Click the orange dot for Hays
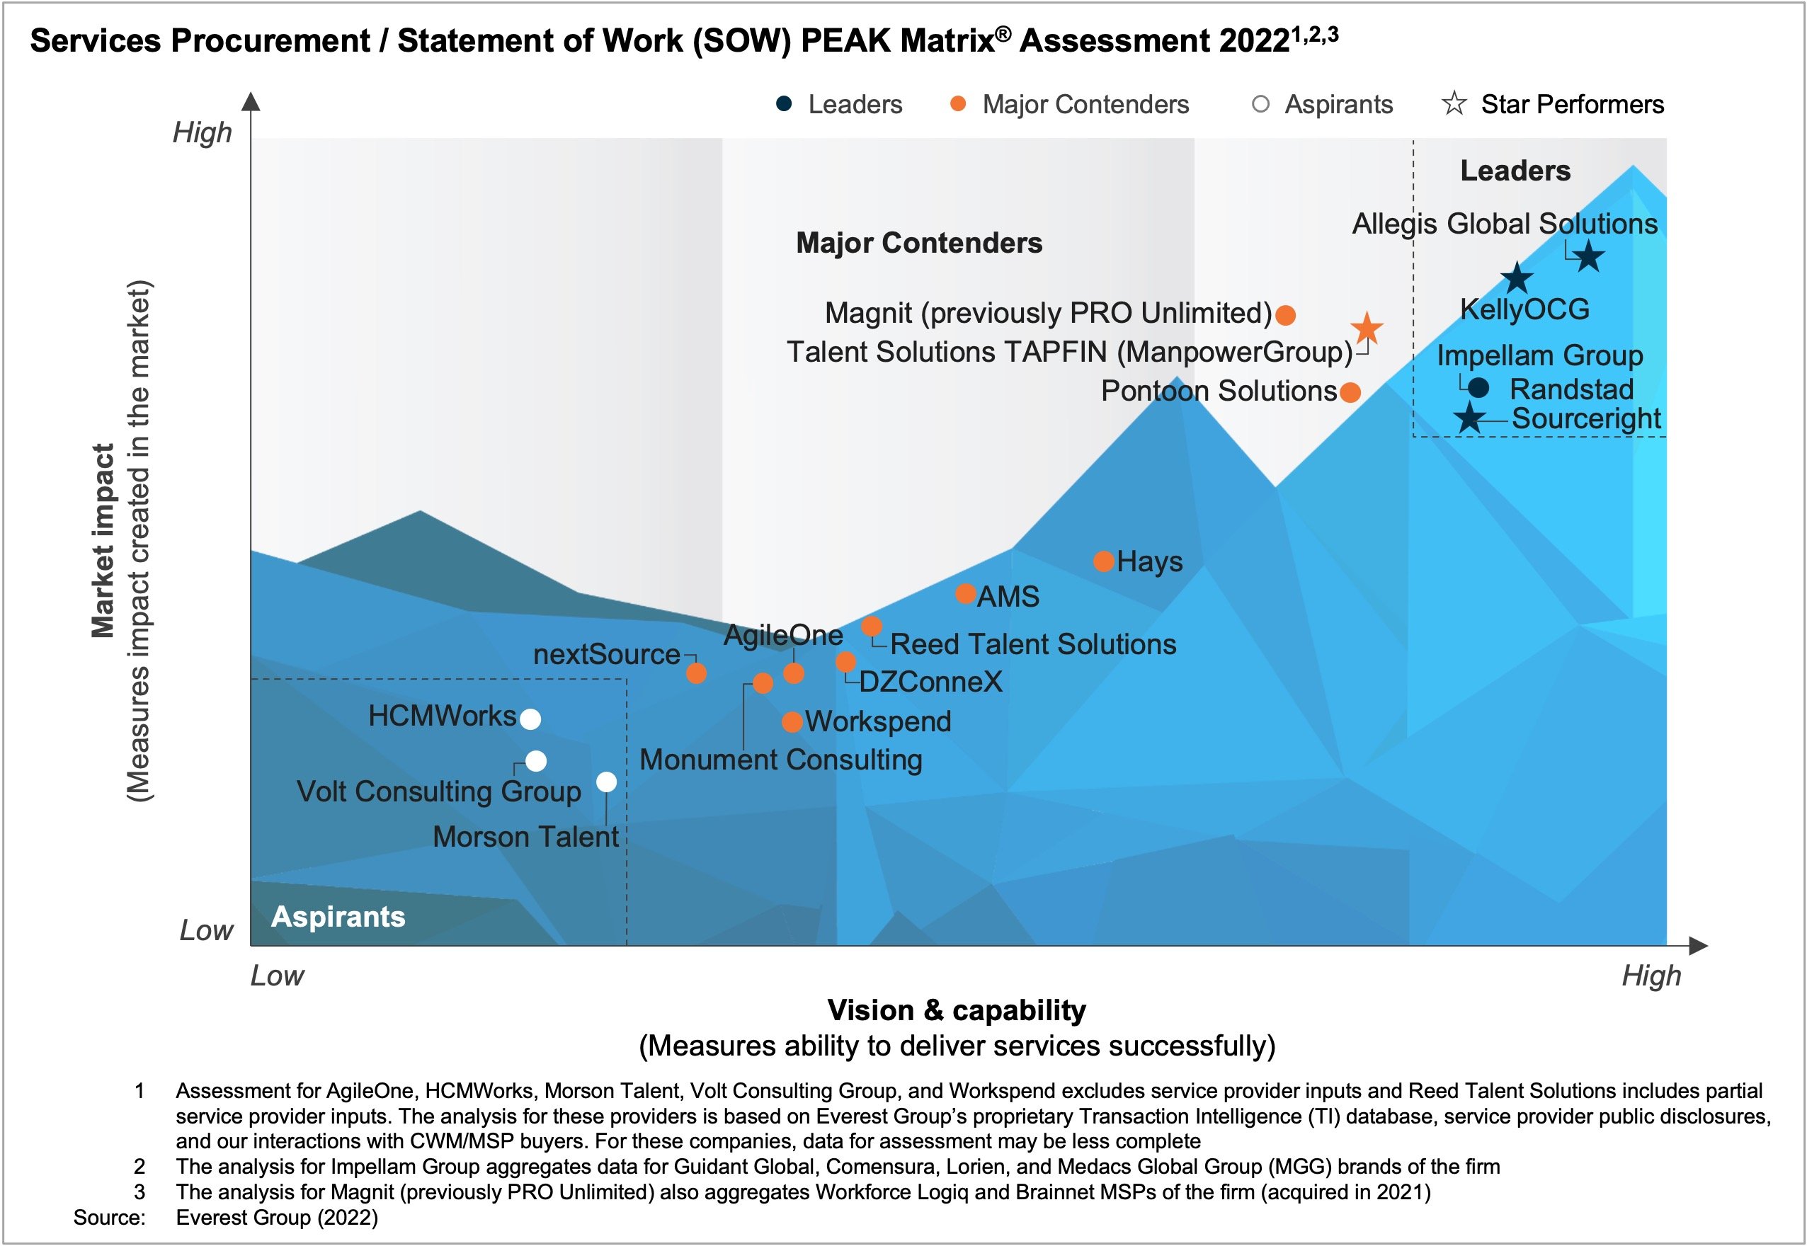point(1103,561)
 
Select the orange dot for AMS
point(965,594)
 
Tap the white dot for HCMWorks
point(530,719)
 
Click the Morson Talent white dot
point(607,782)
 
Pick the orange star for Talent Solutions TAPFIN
point(1367,328)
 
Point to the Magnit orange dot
point(1285,316)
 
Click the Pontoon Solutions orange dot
point(1350,392)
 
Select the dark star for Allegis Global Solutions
point(1588,256)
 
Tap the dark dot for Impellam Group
point(1478,387)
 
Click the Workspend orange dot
point(792,722)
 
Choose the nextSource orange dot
point(697,673)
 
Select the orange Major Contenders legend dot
point(958,104)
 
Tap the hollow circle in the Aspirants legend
point(1260,104)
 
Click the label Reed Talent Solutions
point(1032,644)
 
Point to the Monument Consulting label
point(781,760)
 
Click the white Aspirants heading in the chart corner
point(338,917)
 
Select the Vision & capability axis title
point(957,1010)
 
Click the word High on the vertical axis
point(203,132)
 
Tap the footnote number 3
point(139,1192)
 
